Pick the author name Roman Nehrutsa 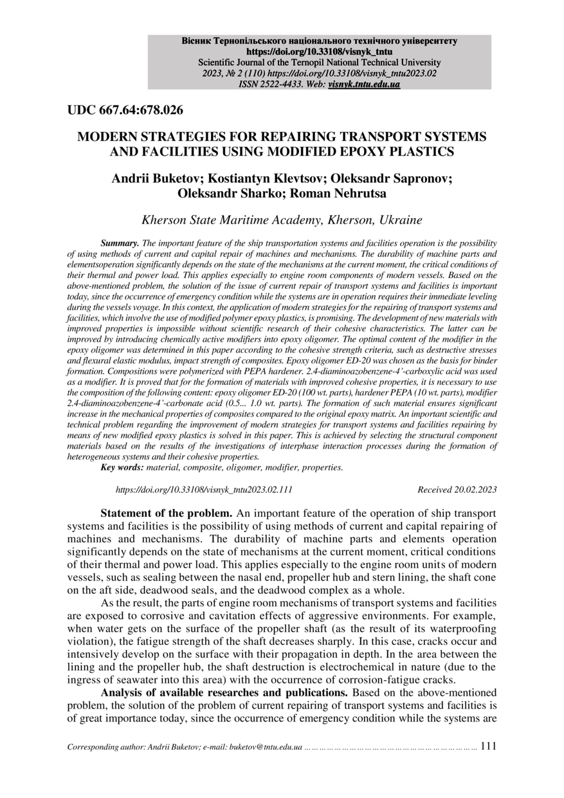pos(340,192)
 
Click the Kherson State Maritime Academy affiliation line pos(282,220)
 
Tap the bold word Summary pos(120,243)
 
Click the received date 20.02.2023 pos(475,490)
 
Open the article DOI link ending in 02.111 pos(204,490)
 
